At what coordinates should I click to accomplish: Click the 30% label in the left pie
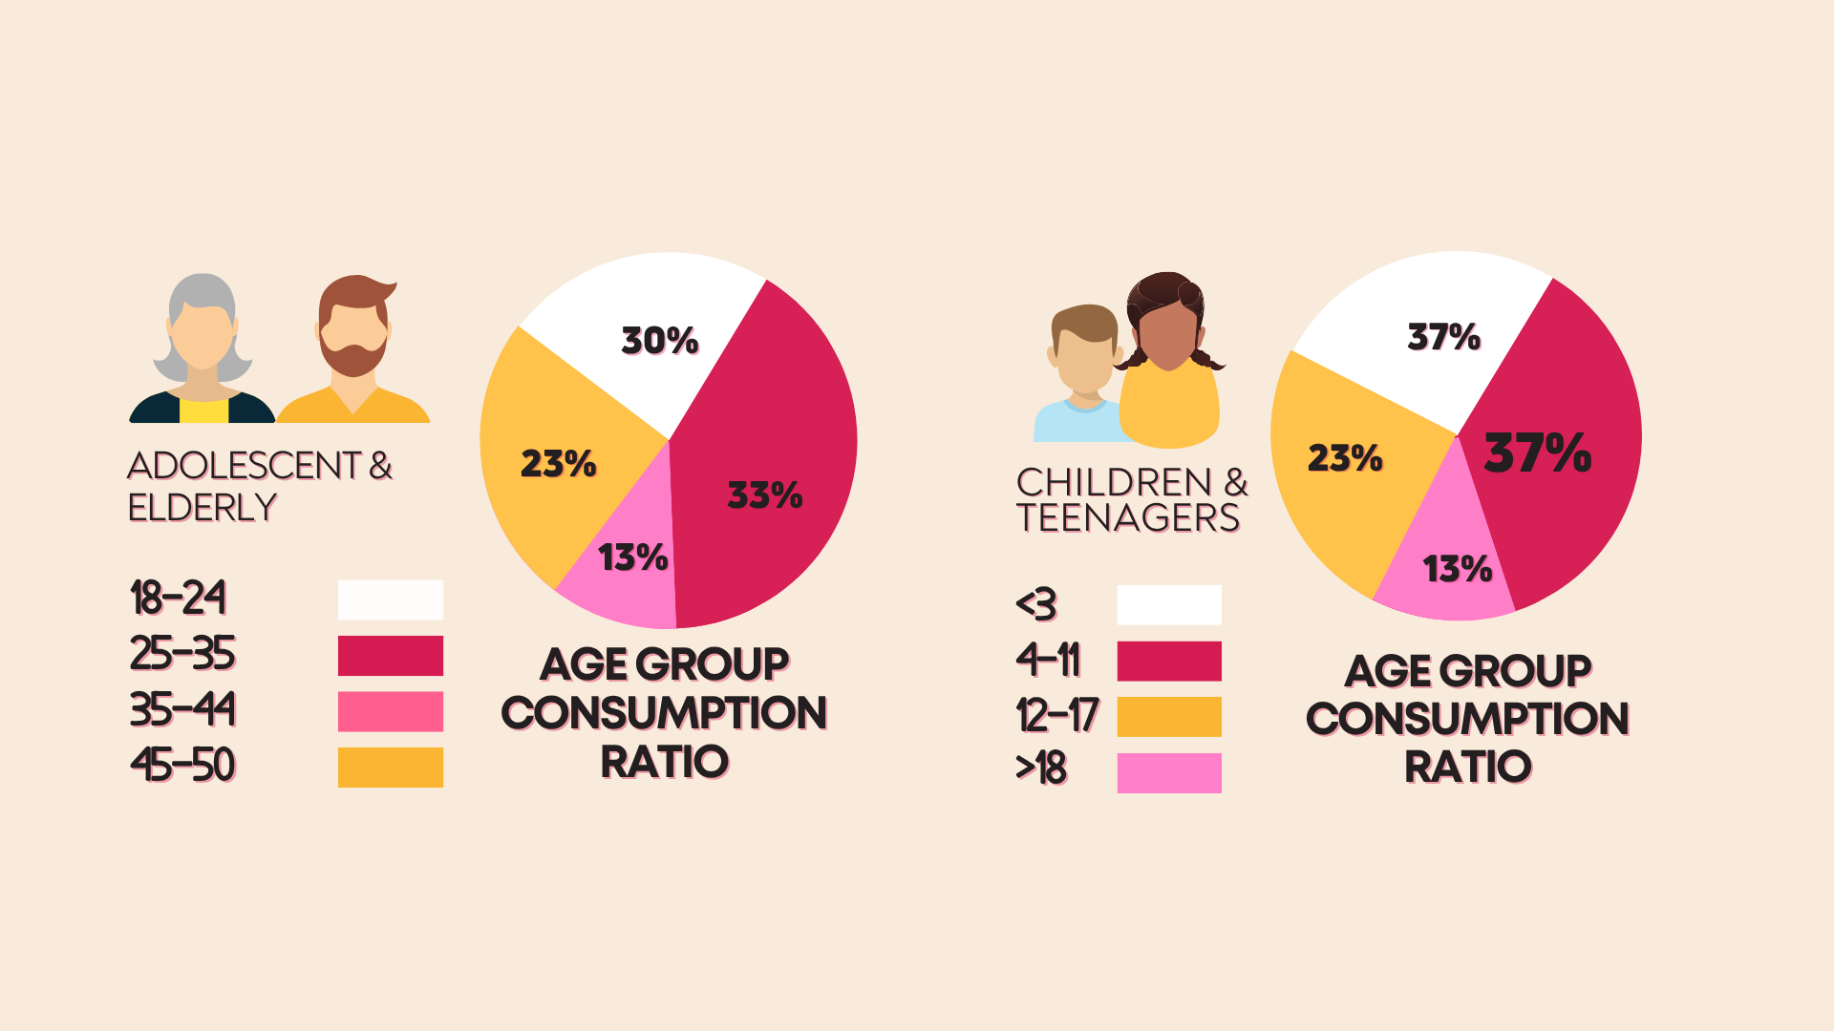click(660, 341)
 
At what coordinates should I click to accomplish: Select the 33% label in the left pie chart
click(765, 494)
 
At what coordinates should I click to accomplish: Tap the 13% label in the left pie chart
click(632, 558)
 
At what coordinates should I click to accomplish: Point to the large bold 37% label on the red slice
click(1538, 452)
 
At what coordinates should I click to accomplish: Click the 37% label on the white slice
click(1444, 337)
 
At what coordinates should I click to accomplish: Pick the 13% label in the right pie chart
click(1458, 569)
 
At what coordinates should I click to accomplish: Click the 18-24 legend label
click(179, 599)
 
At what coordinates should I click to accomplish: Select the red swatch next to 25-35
click(391, 656)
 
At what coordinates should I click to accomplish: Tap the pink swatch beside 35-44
click(391, 711)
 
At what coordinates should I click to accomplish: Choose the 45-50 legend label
click(182, 766)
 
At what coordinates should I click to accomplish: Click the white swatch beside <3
click(1169, 605)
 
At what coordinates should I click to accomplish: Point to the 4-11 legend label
click(1048, 660)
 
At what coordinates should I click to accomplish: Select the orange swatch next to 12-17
click(1169, 717)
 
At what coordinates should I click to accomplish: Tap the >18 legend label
click(1041, 768)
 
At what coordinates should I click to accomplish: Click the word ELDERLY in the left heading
click(203, 507)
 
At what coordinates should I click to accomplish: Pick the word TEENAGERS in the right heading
click(1128, 518)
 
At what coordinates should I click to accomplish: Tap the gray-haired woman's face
click(202, 336)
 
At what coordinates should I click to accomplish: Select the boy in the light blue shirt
click(1081, 374)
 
